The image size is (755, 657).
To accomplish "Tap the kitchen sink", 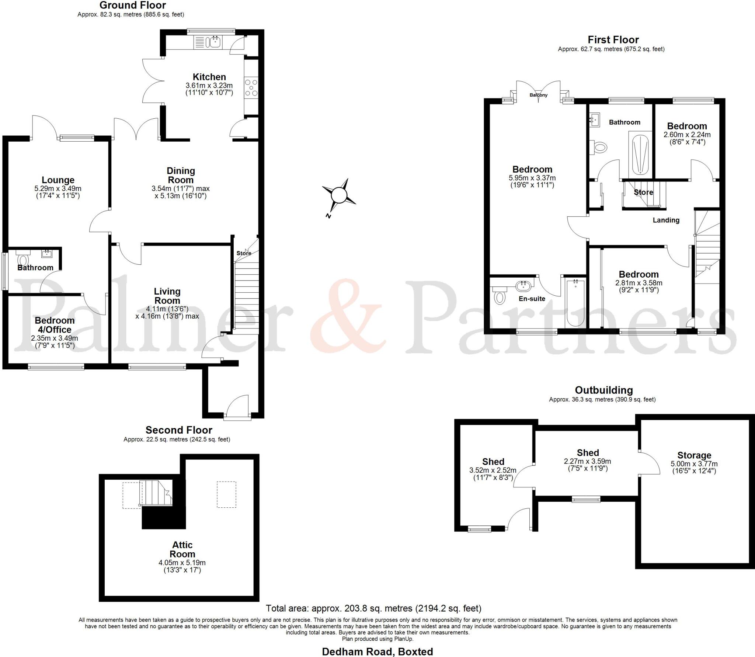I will tap(213, 42).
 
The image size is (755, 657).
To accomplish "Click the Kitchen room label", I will tap(209, 77).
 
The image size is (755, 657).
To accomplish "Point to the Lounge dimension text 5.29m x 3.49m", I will tap(58, 188).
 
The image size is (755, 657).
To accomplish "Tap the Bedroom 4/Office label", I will tap(55, 325).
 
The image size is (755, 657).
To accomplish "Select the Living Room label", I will tap(167, 296).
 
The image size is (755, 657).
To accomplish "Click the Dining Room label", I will tap(181, 175).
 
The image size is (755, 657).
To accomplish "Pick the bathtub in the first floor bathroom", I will tap(640, 154).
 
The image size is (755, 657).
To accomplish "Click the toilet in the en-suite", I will tap(500, 296).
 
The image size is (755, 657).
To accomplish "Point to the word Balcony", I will tap(539, 95).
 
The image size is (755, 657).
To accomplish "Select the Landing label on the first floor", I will tap(666, 220).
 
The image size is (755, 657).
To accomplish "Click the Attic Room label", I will tap(182, 549).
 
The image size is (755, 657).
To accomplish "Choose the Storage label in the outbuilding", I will tap(694, 455).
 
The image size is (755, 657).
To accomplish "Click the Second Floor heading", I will tap(179, 430).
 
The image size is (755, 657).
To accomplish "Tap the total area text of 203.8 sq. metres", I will tap(373, 608).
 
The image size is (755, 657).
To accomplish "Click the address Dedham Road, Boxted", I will tap(377, 651).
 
